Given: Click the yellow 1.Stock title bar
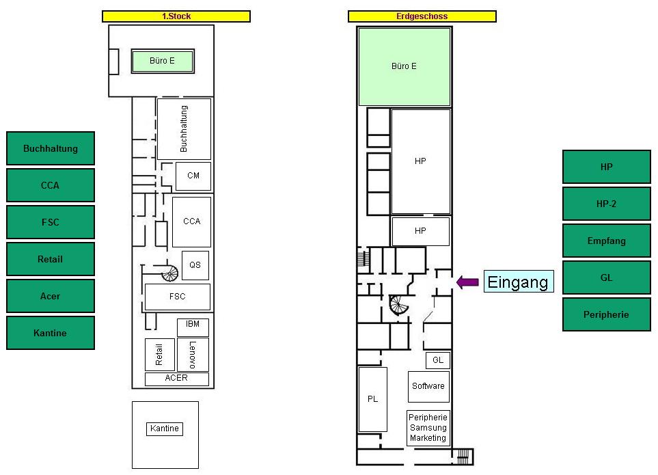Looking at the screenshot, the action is pos(176,16).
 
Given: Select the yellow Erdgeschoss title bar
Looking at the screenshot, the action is pos(422,16).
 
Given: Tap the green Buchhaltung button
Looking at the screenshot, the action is pos(51,148).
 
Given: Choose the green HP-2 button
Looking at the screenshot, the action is pos(606,204).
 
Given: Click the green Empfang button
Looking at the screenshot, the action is pos(606,241).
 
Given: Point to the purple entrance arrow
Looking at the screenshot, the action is pos(467,282).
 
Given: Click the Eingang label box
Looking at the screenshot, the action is pos(518,282).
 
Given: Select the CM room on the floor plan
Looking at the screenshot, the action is pos(193,176).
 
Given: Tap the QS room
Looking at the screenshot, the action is pos(195,265).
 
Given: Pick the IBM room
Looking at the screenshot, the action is pos(193,327).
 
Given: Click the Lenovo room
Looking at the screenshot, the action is pos(193,355).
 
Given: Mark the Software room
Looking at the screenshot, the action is pos(428,386).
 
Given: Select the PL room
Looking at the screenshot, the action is pos(372,399).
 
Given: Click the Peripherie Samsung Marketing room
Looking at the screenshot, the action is pos(428,428).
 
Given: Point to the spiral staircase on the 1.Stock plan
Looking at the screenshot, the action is pos(169,273).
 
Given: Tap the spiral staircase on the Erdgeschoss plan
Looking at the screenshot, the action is pos(398,305).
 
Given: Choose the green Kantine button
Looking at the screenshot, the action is pos(51,333).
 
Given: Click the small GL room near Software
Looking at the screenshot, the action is pos(438,360).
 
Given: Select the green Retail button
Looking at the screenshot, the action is pos(51,259).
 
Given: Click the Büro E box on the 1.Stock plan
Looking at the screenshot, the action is pos(163,62).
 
